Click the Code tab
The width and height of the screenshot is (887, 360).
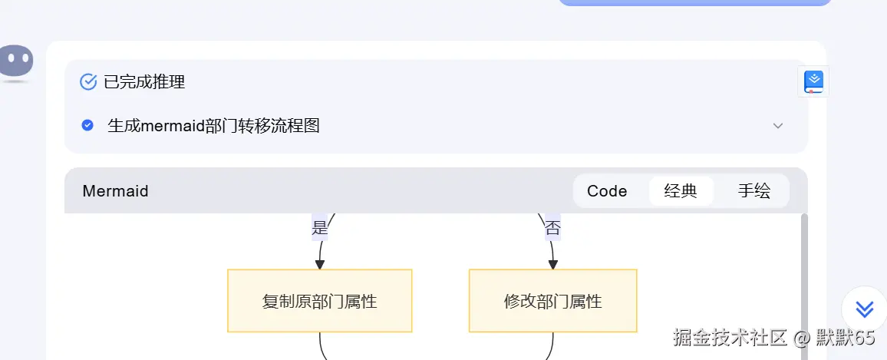click(x=607, y=191)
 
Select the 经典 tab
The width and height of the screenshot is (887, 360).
click(x=681, y=191)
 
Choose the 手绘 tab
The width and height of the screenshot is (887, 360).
click(x=753, y=191)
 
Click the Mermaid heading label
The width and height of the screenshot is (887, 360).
click(x=115, y=191)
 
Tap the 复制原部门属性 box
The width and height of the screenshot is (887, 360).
click(x=319, y=301)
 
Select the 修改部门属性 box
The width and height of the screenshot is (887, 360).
click(x=552, y=301)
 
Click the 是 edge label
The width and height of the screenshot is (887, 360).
click(x=320, y=228)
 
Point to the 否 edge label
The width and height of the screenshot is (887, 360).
click(x=552, y=228)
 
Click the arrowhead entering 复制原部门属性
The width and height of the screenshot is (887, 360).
click(x=320, y=264)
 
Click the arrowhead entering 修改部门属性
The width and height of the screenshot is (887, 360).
click(x=552, y=264)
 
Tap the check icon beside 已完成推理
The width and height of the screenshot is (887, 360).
click(x=88, y=81)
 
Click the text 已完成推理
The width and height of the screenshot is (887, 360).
click(x=144, y=81)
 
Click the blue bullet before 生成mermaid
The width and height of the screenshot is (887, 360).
click(x=87, y=125)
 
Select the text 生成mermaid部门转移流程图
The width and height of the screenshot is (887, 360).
click(x=213, y=125)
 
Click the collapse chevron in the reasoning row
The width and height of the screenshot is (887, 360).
click(x=778, y=126)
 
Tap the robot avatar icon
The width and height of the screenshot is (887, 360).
click(x=16, y=62)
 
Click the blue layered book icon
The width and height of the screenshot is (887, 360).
click(x=813, y=81)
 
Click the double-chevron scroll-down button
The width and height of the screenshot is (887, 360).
click(x=864, y=309)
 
